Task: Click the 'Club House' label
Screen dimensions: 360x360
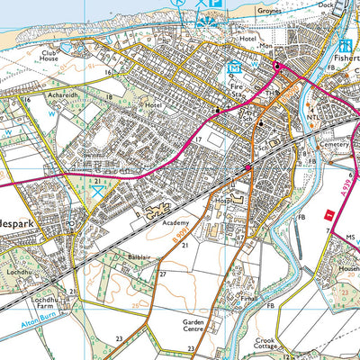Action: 48,58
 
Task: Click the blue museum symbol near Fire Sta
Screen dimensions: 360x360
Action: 235,67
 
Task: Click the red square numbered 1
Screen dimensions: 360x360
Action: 329,213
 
